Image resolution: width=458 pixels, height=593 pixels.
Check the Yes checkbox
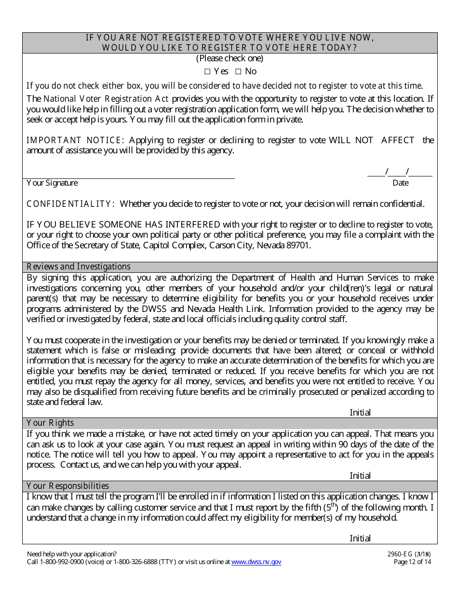point(207,71)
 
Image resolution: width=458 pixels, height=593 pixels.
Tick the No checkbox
point(238,71)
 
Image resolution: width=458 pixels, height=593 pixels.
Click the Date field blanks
point(400,173)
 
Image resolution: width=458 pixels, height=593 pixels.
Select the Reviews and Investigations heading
point(79,267)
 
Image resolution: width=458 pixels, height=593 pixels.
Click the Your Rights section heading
point(50,423)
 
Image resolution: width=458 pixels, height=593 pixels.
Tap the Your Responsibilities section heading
point(67,486)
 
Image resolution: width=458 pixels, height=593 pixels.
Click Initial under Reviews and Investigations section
point(360,412)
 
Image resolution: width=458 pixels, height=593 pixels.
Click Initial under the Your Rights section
point(360,475)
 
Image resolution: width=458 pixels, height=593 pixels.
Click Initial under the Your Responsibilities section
point(360,539)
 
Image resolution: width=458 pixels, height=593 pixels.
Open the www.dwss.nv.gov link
point(256,562)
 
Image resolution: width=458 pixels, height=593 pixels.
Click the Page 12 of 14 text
point(412,562)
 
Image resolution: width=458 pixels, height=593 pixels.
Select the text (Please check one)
point(229,58)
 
